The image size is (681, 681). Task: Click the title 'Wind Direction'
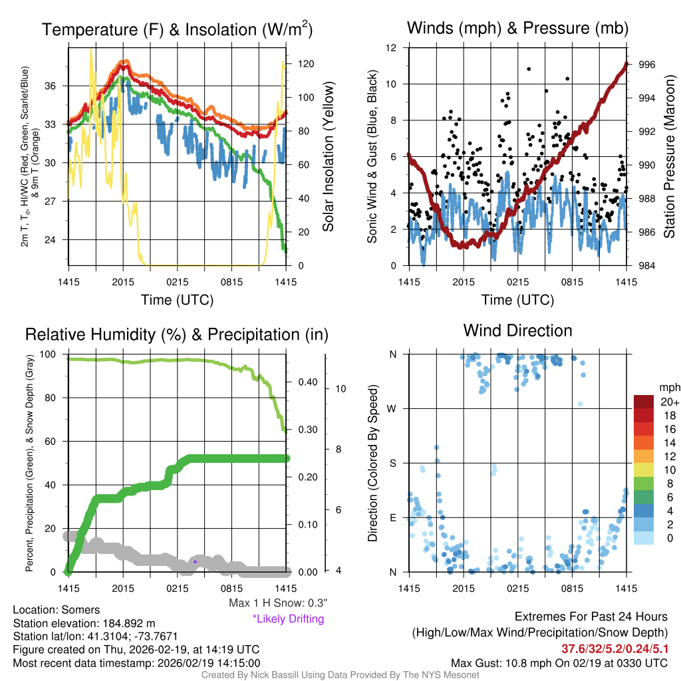[517, 331]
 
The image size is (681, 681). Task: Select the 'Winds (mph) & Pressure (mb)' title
[517, 29]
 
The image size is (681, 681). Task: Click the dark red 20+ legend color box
[644, 402]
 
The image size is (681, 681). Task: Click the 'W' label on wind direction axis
[393, 408]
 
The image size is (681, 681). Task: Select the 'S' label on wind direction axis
[393, 463]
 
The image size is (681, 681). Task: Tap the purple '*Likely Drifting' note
[288, 618]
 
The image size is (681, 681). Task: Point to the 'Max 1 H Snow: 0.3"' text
[278, 603]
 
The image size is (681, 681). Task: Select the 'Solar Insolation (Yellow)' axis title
[328, 156]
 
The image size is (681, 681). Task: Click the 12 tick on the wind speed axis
[392, 48]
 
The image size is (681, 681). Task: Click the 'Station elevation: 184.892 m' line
[84, 623]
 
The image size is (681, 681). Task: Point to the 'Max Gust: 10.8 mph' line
[559, 663]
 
